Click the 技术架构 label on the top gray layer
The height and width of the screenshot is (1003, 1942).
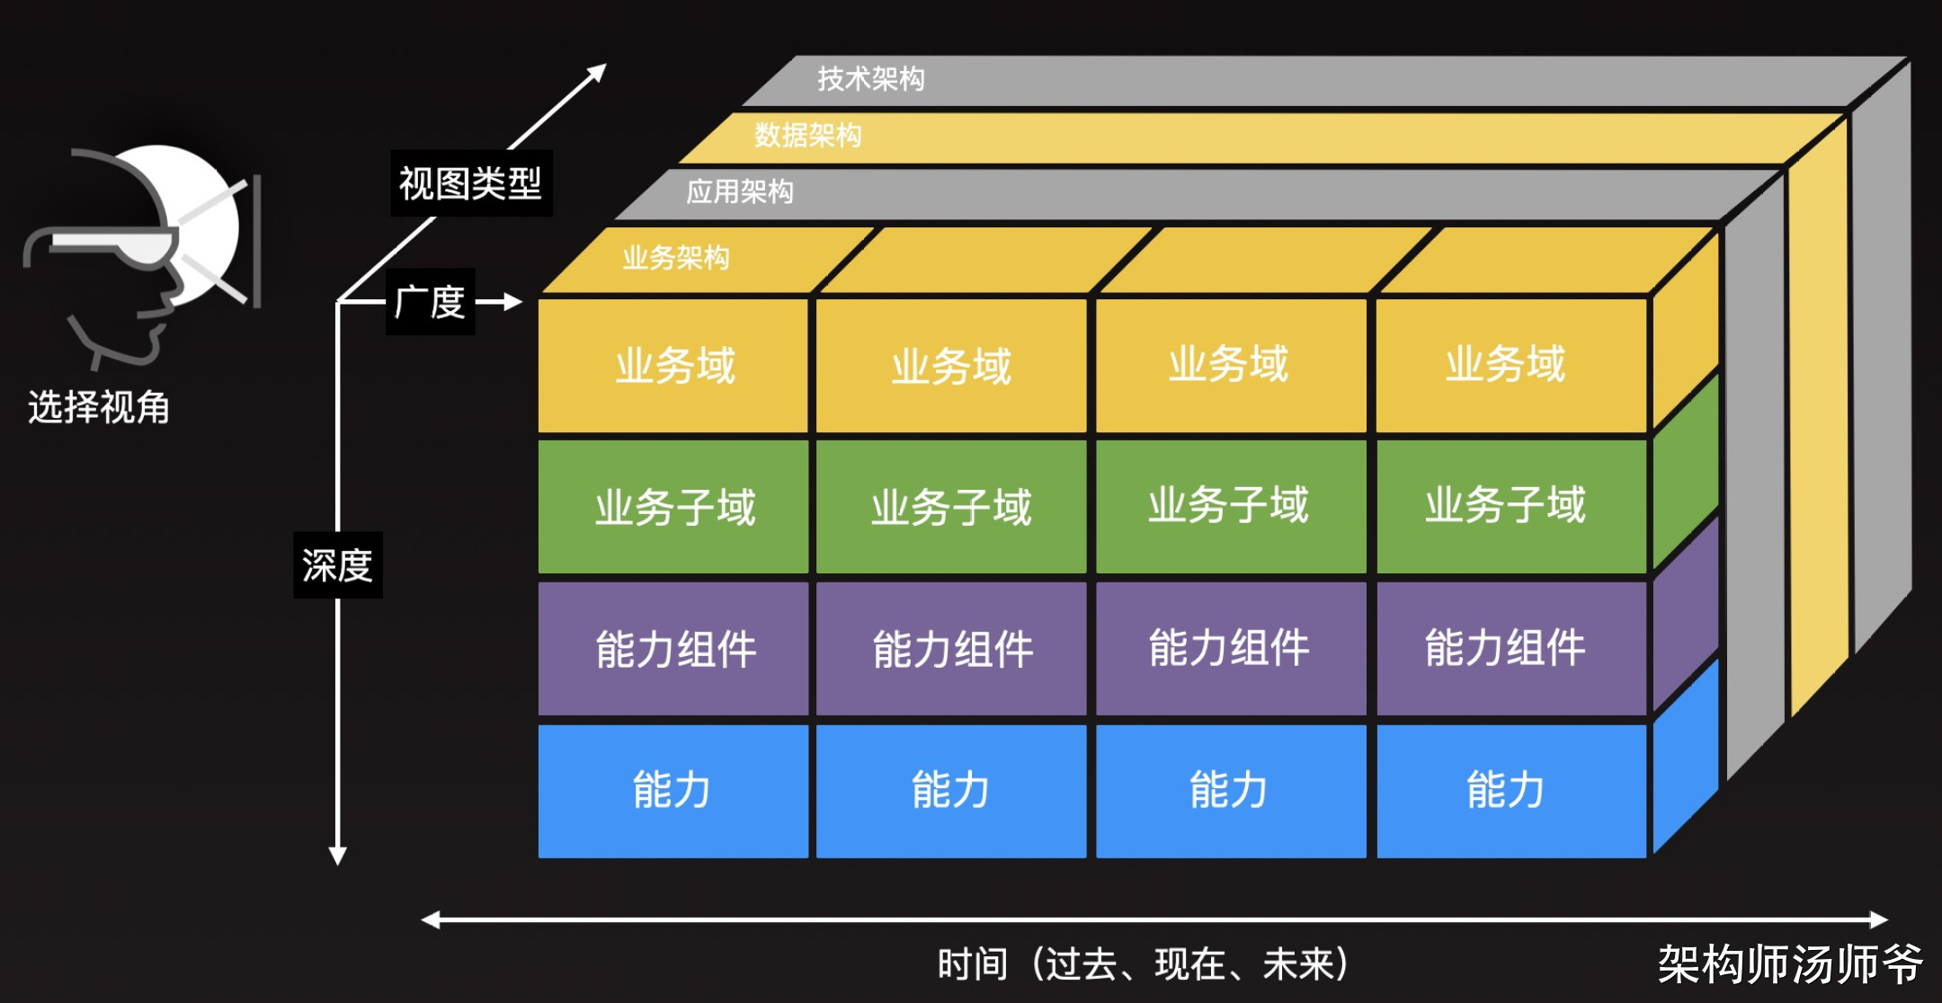870,79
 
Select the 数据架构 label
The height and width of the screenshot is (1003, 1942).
807,136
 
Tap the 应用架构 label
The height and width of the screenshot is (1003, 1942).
739,191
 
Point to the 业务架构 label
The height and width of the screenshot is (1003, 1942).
675,258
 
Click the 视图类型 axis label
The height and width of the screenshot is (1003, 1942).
470,183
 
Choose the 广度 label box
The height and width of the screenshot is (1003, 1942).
430,302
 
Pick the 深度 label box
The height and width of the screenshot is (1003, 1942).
337,565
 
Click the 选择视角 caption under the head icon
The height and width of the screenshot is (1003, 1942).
99,407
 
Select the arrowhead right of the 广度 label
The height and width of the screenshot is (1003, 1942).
513,302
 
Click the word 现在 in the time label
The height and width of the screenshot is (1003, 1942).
1189,964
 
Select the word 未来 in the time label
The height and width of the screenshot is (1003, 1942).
1297,964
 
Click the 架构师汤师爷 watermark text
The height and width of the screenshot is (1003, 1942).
1789,964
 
